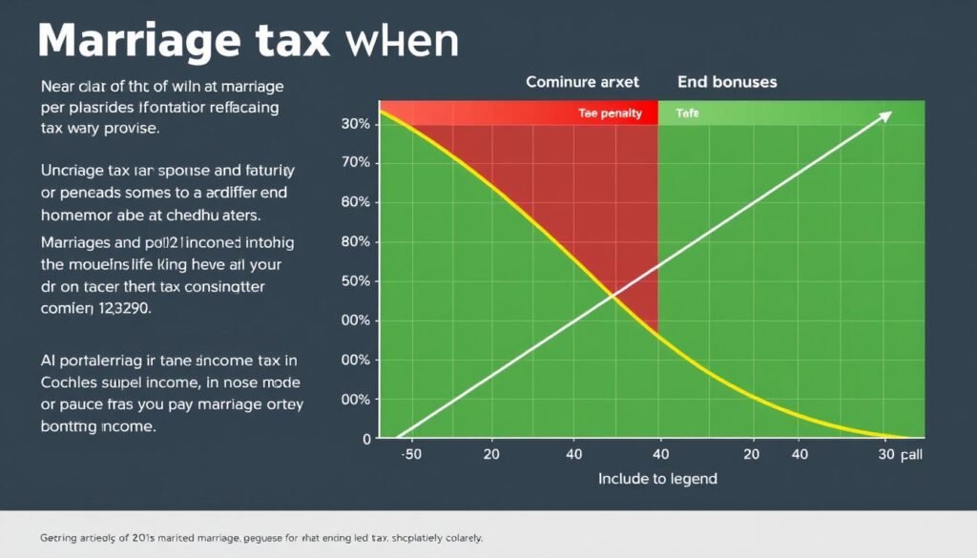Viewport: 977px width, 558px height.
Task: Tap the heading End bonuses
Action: pos(727,82)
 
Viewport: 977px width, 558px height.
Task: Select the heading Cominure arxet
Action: pos(582,82)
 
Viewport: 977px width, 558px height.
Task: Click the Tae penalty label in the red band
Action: pos(610,114)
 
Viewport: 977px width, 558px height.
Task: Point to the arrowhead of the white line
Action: pos(887,114)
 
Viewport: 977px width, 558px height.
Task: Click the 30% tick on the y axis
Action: pos(355,125)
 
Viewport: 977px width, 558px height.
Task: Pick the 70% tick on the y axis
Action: pos(355,164)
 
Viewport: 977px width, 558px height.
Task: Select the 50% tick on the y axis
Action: pos(355,281)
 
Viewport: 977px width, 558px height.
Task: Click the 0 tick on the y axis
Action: pos(365,439)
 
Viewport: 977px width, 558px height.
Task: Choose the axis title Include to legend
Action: pos(656,478)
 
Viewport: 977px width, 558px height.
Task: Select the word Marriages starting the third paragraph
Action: pos(79,241)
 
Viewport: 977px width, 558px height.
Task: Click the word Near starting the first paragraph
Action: pos(60,86)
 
